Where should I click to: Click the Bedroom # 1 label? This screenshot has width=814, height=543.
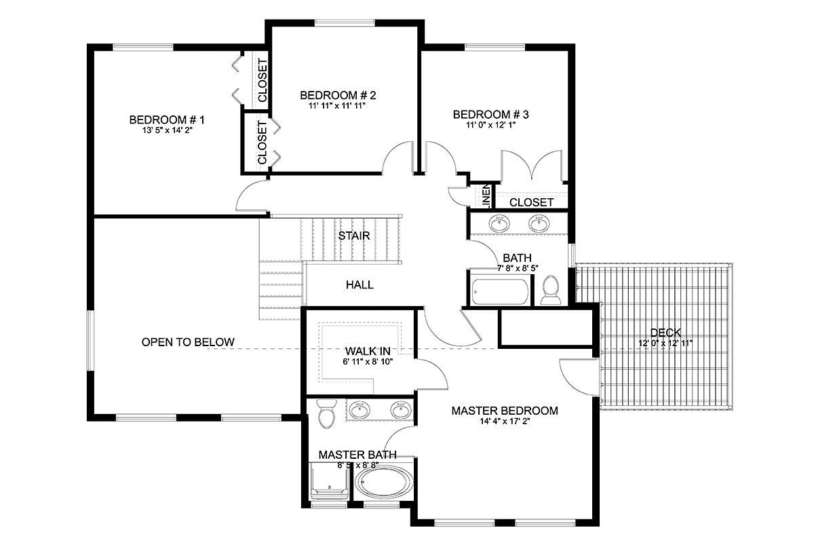point(167,119)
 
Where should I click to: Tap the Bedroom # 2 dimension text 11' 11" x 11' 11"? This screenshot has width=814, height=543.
point(337,106)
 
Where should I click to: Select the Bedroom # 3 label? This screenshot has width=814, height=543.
point(490,115)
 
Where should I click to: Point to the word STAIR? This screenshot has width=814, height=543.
point(354,236)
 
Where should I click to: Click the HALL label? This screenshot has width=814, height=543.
point(360,285)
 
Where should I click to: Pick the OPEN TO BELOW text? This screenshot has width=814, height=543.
point(188,342)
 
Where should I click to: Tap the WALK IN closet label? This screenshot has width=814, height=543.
point(368,352)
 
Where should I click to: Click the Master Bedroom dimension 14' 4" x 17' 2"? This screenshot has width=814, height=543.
point(505,422)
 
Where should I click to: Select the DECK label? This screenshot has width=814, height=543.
point(665,333)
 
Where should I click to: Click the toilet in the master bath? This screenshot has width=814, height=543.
point(327,413)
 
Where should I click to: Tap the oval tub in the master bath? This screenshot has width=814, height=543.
point(384,483)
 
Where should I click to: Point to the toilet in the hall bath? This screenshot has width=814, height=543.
point(550,290)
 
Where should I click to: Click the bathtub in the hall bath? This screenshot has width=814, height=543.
point(501,292)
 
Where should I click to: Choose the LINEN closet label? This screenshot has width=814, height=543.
point(486,196)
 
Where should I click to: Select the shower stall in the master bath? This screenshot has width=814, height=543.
point(330,481)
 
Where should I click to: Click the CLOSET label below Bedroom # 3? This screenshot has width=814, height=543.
point(531,202)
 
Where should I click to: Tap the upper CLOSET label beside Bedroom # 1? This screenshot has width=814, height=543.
point(263,80)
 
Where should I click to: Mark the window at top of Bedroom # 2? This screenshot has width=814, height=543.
point(345,23)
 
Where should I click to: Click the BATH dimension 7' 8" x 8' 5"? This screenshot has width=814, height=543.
point(518,268)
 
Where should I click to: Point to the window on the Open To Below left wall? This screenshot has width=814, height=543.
point(90,341)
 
